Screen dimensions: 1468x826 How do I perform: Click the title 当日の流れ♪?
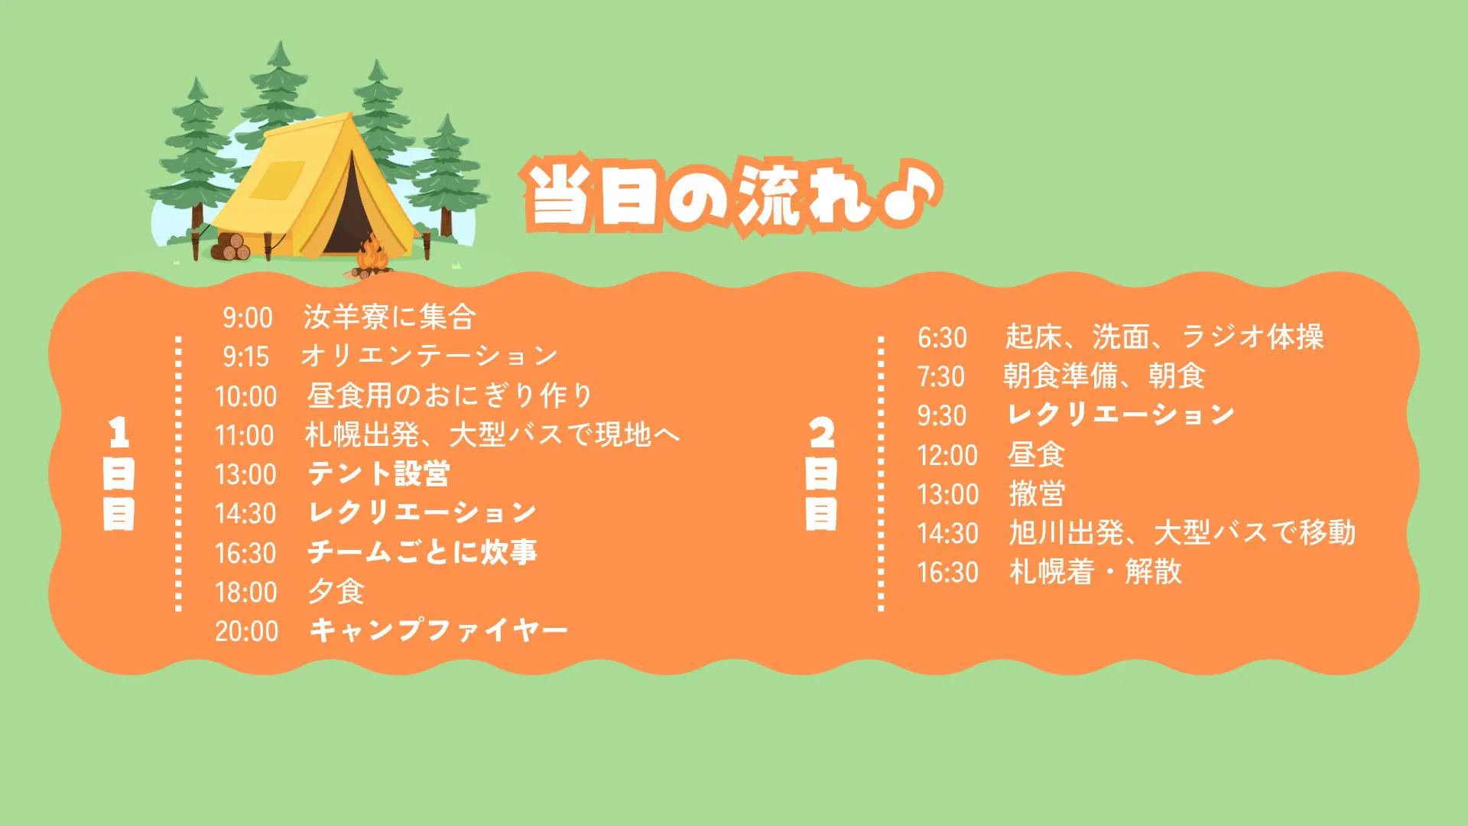tap(732, 194)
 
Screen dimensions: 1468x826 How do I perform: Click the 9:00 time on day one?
tap(248, 317)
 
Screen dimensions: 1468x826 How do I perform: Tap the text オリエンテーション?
tap(430, 356)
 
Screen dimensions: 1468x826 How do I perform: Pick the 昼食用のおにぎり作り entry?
tap(450, 395)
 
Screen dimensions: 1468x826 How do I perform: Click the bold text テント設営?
tap(378, 473)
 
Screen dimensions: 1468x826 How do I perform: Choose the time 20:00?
tap(246, 631)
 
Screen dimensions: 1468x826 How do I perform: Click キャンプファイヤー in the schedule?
tap(438, 630)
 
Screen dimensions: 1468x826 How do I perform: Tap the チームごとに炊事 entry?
tap(423, 552)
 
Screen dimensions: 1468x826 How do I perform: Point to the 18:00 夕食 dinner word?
tap(336, 591)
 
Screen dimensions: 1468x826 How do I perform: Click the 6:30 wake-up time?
tap(942, 337)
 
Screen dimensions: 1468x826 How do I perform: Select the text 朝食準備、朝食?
tap(1104, 376)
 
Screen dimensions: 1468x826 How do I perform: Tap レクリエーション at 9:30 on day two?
tap(1121, 415)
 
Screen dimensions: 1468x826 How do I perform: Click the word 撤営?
tap(1037, 493)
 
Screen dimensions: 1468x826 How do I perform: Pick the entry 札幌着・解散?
tap(1096, 571)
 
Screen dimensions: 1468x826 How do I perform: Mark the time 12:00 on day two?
tap(947, 455)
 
